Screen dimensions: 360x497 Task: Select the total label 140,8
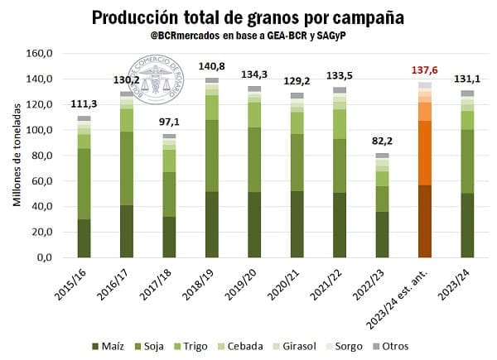pos(212,67)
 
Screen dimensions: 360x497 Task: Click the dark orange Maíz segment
pos(425,221)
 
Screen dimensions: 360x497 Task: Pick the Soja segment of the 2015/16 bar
pos(84,184)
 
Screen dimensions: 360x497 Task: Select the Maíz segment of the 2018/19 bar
pos(212,224)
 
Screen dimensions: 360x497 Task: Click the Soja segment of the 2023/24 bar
pos(467,161)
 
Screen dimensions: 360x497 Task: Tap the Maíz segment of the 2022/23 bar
pos(382,234)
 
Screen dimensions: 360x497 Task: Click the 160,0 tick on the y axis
pos(40,54)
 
